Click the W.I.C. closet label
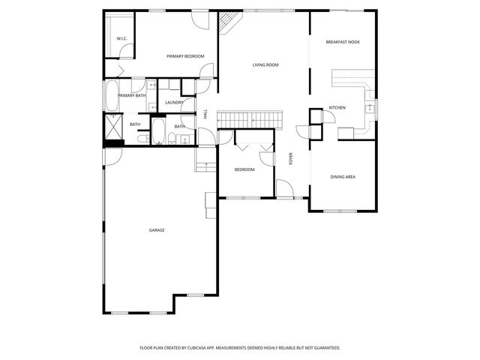pyautogui.click(x=121, y=39)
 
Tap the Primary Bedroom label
pyautogui.click(x=185, y=55)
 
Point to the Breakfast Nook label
pyautogui.click(x=342, y=42)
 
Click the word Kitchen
pyautogui.click(x=337, y=108)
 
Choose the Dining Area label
pyautogui.click(x=343, y=177)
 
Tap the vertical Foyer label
pyautogui.click(x=291, y=158)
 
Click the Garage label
pyautogui.click(x=157, y=230)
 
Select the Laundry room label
pyautogui.click(x=174, y=103)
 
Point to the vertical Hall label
pyautogui.click(x=205, y=114)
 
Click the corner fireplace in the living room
pyautogui.click(x=227, y=24)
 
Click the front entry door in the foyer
pyautogui.click(x=284, y=189)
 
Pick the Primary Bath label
pyautogui.click(x=131, y=95)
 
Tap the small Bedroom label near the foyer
pyautogui.click(x=244, y=169)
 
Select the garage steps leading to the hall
pyautogui.click(x=203, y=165)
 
